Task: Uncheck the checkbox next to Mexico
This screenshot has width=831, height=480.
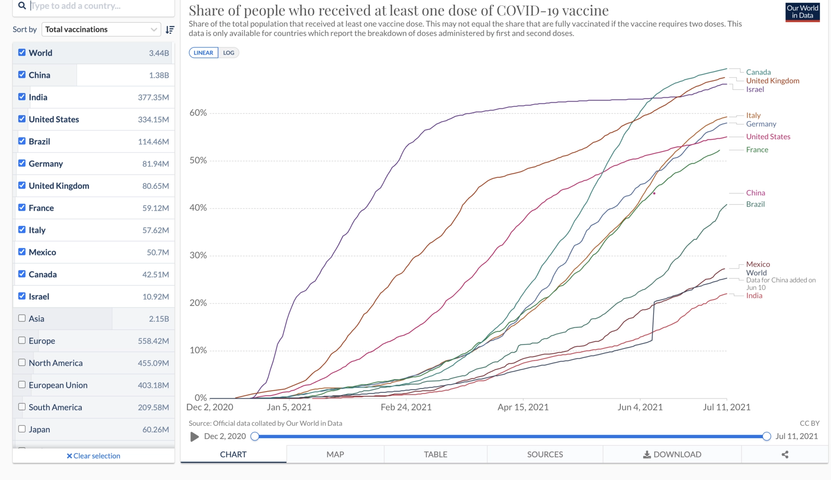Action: tap(22, 252)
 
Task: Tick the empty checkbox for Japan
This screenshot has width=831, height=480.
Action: tap(22, 429)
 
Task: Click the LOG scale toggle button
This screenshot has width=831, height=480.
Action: tap(229, 52)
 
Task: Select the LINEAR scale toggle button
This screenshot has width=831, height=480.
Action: tap(203, 52)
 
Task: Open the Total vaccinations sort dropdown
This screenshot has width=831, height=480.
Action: tap(101, 29)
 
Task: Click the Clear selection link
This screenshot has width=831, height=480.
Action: tap(93, 456)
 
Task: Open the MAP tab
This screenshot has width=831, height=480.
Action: tap(335, 454)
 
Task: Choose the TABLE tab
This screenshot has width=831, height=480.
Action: tap(435, 454)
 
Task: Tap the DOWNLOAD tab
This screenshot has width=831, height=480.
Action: tap(672, 454)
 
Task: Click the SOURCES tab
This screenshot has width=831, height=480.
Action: tap(545, 454)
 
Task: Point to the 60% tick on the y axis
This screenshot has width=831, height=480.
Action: tap(198, 113)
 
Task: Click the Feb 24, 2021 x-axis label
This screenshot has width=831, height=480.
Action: tap(406, 407)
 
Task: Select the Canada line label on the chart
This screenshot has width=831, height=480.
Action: tap(758, 72)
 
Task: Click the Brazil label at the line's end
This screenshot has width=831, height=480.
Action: tap(755, 204)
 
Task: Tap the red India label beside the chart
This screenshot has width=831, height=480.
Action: tap(754, 296)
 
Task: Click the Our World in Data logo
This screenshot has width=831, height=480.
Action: tap(802, 12)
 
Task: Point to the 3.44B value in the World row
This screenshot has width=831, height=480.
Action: tap(159, 53)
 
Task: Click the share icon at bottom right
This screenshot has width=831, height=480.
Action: tap(785, 454)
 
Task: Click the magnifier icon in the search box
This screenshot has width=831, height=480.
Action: tap(22, 5)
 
